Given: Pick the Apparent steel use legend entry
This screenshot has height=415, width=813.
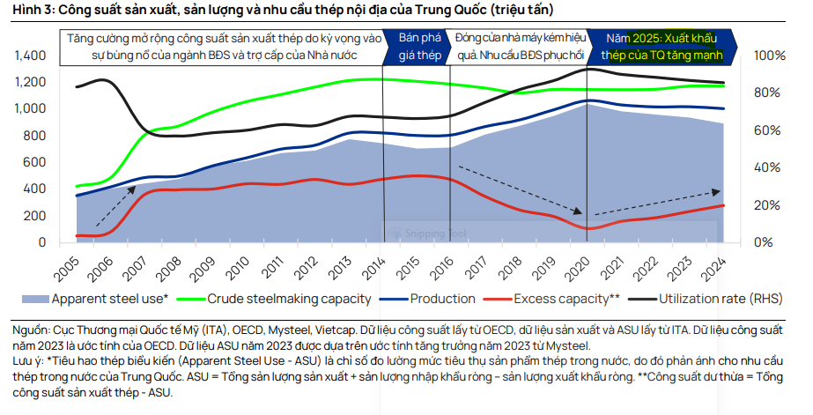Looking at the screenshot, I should tap(109, 299).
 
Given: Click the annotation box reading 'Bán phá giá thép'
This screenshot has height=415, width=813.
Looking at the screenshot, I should tap(419, 47).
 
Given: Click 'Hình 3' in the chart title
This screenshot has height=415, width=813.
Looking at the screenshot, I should tap(30, 10).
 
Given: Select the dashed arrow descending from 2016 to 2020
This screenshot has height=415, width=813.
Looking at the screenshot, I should tap(520, 189).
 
